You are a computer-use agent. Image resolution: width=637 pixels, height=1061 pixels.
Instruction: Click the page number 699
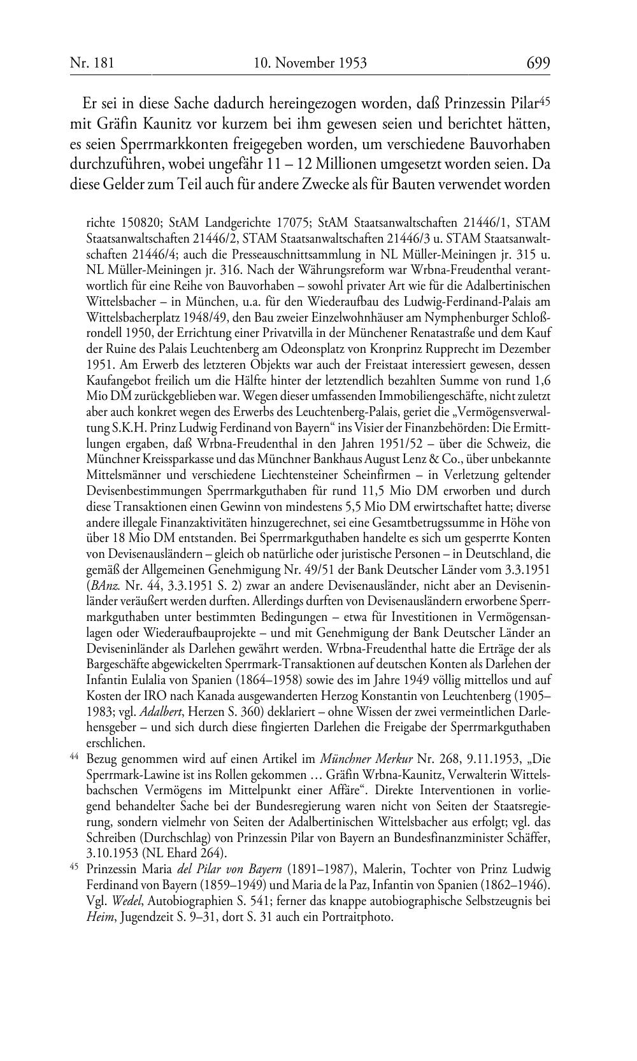[538, 63]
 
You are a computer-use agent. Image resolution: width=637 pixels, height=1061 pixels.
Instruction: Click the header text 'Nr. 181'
[91, 63]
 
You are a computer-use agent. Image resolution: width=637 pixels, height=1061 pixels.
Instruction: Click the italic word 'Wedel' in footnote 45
[125, 901]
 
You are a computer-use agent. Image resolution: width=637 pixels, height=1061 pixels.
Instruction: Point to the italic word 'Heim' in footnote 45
[98, 918]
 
